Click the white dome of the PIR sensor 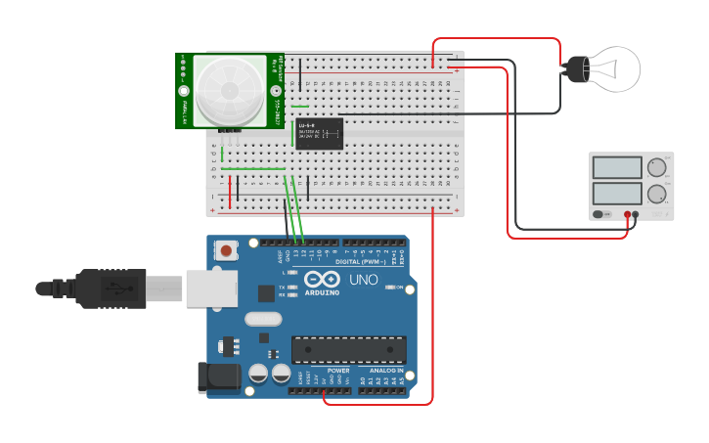click(229, 90)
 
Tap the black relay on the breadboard click(319, 134)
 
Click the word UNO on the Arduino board click(364, 281)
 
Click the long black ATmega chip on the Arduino click(349, 350)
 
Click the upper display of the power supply click(617, 165)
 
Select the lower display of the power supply click(617, 194)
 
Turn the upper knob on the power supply click(657, 165)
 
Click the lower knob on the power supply click(657, 194)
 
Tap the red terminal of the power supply click(627, 213)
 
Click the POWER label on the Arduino click(338, 371)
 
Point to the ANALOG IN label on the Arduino click(387, 371)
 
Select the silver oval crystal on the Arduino click(263, 318)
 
